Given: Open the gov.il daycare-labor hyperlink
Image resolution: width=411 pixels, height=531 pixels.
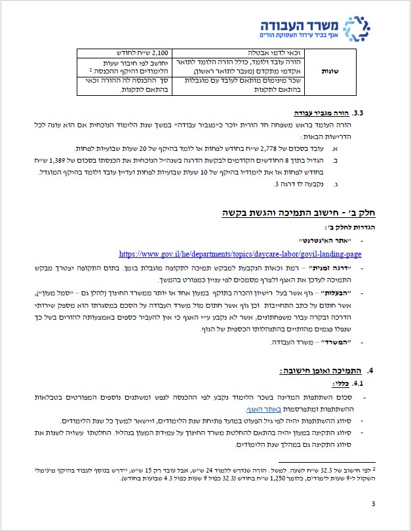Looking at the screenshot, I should pos(240,253).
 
